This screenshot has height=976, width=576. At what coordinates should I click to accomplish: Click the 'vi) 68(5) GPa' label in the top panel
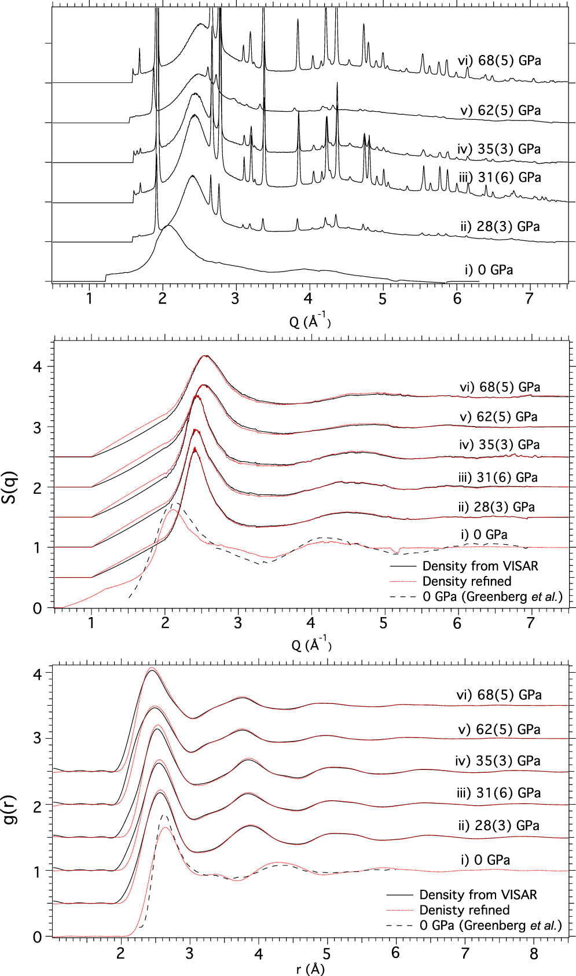tap(499, 61)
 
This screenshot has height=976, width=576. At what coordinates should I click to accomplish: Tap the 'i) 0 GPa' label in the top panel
tap(489, 270)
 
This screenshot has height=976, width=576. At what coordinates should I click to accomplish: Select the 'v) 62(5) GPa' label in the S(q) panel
tap(498, 417)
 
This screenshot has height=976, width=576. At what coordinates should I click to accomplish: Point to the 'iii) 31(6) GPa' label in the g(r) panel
tap(498, 793)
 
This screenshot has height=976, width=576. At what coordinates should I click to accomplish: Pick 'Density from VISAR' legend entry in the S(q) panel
tap(480, 566)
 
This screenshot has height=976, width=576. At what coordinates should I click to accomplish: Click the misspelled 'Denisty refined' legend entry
tap(464, 910)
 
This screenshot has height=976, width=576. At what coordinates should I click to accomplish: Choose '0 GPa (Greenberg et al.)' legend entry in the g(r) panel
tap(490, 926)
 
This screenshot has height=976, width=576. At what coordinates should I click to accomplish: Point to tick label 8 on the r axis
tap(533, 953)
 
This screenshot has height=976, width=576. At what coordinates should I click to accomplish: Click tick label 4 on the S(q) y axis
tap(37, 366)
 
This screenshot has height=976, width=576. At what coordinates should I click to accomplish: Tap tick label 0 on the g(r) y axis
tap(37, 937)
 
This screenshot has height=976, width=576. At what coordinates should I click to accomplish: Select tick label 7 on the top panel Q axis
tap(529, 299)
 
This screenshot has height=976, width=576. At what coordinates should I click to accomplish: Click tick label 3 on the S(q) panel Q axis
tap(238, 623)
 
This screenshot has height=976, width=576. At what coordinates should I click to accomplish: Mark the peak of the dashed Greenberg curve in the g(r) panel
tap(164, 816)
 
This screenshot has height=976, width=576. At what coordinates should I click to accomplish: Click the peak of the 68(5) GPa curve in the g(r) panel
tap(152, 670)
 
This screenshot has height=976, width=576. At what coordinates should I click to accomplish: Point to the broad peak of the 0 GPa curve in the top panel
tap(168, 226)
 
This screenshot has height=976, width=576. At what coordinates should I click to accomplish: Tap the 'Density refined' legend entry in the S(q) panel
tap(467, 581)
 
